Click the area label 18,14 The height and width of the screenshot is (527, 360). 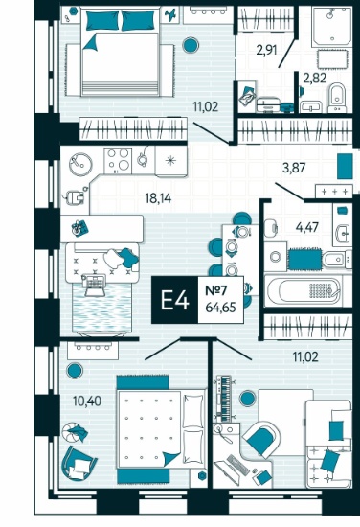point(158,198)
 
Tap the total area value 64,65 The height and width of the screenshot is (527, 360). point(220,308)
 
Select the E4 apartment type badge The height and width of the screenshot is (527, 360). point(174,300)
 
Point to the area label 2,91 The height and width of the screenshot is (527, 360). point(266,51)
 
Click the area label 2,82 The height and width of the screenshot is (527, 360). point(315,79)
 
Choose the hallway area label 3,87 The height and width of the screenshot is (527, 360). point(294,168)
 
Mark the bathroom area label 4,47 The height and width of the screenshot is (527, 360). point(307,227)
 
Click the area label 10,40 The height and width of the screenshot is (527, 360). point(87,401)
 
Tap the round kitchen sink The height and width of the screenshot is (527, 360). point(80,165)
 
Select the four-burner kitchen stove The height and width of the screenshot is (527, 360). point(118,161)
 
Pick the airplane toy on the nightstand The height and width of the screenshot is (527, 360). point(171,14)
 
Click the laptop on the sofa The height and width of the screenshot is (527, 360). point(94,285)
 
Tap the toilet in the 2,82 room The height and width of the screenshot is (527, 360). point(337,97)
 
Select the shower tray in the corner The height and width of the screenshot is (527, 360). point(331,27)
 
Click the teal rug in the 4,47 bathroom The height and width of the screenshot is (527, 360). point(304,259)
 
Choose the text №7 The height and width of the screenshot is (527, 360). point(216,290)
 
